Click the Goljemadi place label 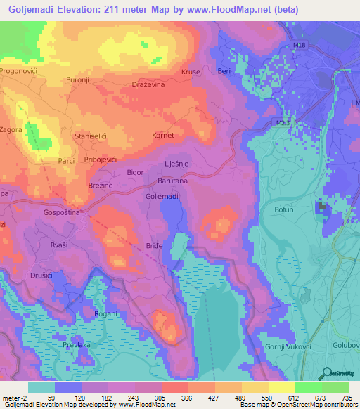coord(162,196)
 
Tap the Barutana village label coord(171,181)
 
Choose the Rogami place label coord(105,313)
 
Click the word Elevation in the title coord(82,10)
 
